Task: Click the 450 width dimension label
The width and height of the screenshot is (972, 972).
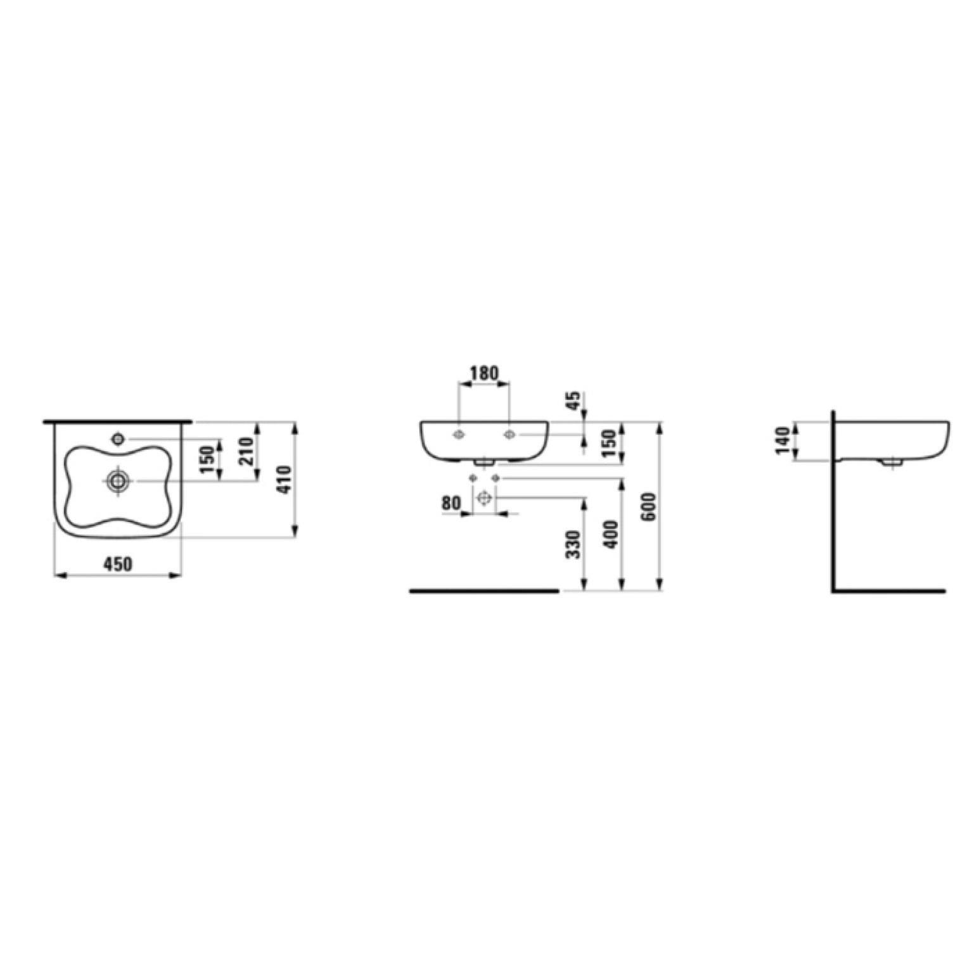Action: [x=118, y=563]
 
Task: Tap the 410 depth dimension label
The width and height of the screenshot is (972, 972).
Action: [x=285, y=480]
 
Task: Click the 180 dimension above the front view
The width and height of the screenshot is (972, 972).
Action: [x=484, y=373]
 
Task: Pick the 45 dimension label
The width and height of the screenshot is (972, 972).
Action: [x=572, y=400]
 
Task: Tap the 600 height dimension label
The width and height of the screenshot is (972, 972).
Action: [x=648, y=507]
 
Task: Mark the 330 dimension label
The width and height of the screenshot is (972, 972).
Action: [x=573, y=545]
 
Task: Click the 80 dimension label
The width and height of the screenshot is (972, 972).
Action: [x=451, y=504]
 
